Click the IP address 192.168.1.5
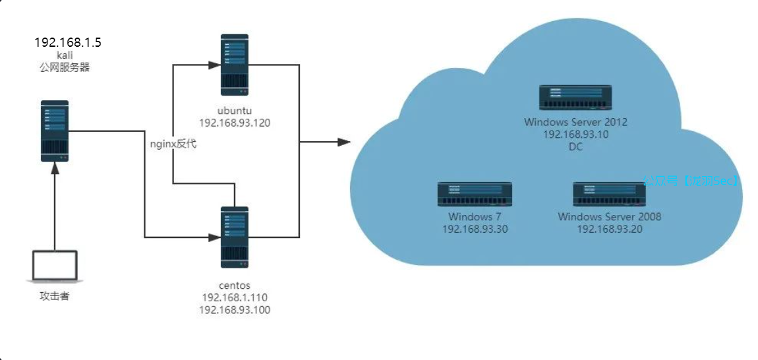click(x=68, y=43)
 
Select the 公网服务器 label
click(x=65, y=67)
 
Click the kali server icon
click(x=55, y=131)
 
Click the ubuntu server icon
click(x=235, y=65)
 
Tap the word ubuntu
click(x=235, y=109)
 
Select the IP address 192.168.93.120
click(x=235, y=123)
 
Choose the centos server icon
click(x=235, y=237)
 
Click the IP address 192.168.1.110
click(x=235, y=297)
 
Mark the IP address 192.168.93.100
click(x=235, y=309)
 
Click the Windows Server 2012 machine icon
click(x=575, y=97)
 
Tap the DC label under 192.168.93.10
click(x=575, y=147)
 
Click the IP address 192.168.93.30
click(x=475, y=229)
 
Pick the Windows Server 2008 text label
click(x=609, y=217)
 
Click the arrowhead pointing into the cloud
click(x=343, y=142)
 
